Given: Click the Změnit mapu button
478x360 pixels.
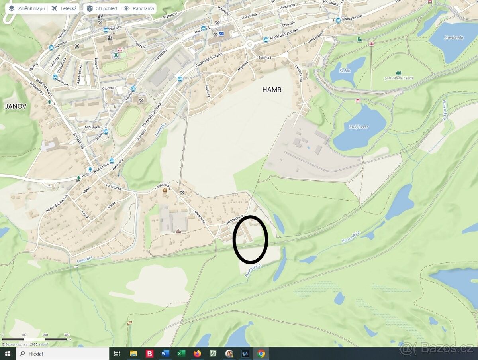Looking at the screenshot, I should click(x=27, y=8).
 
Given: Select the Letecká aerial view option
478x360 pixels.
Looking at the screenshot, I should click(x=64, y=8).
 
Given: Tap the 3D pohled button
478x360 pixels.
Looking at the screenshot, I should click(x=102, y=8).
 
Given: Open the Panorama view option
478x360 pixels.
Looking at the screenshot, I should click(x=139, y=8).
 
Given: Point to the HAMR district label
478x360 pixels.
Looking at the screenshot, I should click(x=272, y=90).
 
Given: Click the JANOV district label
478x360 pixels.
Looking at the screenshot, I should click(x=15, y=106).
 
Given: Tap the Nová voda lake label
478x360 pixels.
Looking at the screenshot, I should click(x=453, y=38).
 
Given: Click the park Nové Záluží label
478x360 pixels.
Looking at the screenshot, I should click(x=399, y=78).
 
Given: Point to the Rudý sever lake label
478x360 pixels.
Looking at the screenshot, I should click(x=358, y=127).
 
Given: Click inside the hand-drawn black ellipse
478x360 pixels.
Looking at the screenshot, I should click(x=250, y=239).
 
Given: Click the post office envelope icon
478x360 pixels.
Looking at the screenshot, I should click(x=221, y=34).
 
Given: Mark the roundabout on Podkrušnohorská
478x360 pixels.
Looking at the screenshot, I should click(x=250, y=44).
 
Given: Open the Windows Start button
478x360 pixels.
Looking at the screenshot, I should click(x=8, y=353).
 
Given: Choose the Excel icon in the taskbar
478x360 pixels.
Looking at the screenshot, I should click(x=181, y=353).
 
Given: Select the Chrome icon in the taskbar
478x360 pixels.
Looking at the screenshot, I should click(x=261, y=353).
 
